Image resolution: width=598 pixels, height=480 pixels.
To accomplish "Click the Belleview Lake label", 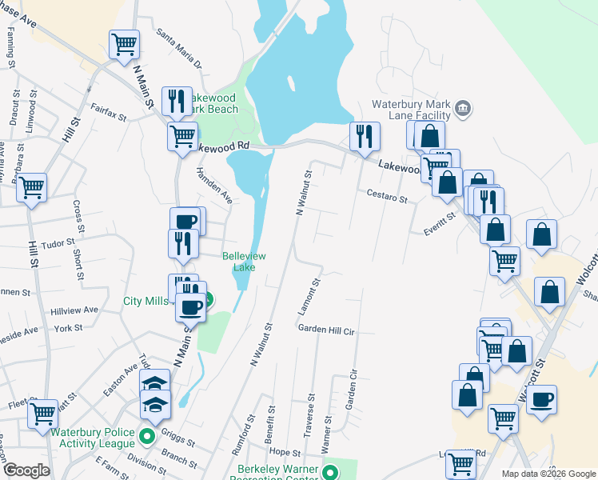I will coord(243,262).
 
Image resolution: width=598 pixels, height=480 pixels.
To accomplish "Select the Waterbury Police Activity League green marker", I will coord(146,437).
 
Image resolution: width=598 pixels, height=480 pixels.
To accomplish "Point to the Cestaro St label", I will coord(388,194).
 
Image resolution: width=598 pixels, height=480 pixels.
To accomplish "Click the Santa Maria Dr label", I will coord(179,49).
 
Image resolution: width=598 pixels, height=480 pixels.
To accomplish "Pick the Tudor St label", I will coord(58,242).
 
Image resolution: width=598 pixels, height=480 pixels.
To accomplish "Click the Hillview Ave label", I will coord(74,310).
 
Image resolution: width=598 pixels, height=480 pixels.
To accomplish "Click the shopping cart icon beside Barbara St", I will coord(32,187).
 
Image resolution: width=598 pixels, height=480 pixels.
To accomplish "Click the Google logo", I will coord(26,470).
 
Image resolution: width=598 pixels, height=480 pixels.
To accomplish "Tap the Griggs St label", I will coord(177,439).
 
